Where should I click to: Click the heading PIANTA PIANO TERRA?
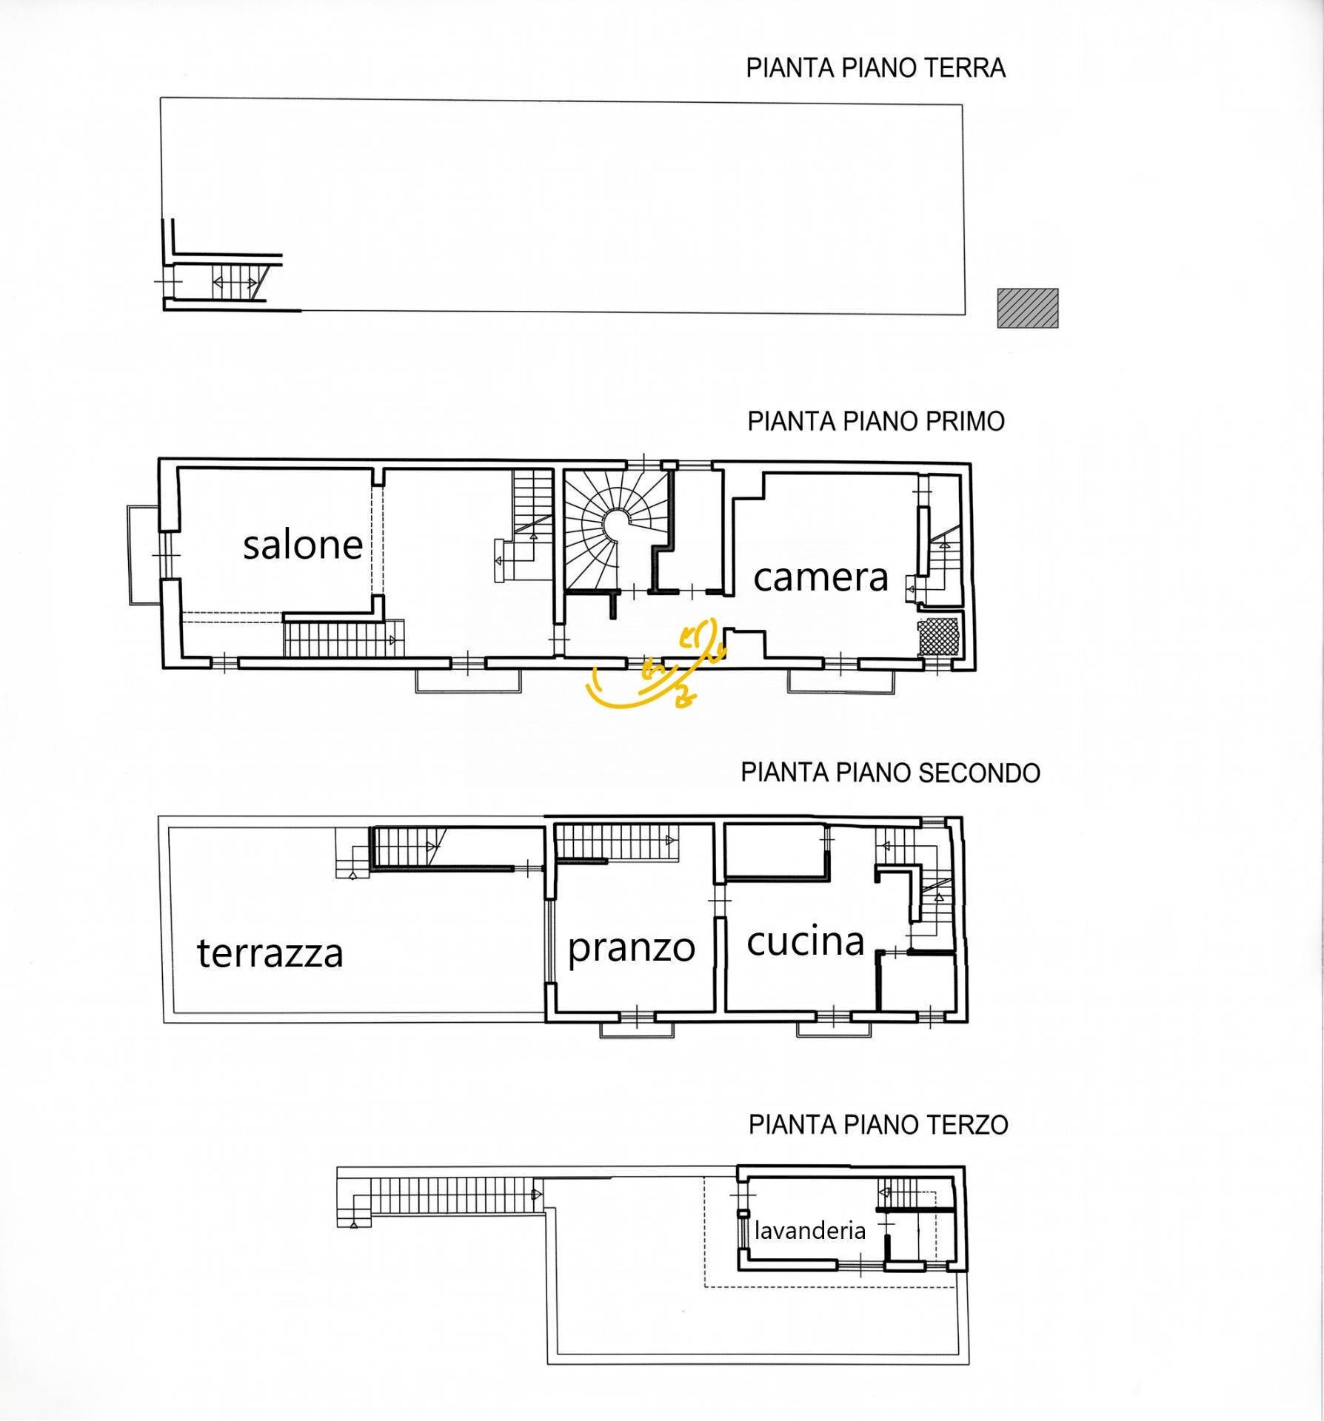tap(875, 68)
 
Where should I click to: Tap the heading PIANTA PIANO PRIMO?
tap(876, 421)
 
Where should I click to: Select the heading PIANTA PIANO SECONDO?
tap(890, 773)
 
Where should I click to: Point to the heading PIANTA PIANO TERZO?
tap(878, 1124)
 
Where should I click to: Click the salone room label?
tap(303, 545)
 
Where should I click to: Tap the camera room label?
tap(820, 577)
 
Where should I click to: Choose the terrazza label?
tap(270, 953)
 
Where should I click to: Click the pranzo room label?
tap(632, 949)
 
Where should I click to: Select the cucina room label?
tap(806, 941)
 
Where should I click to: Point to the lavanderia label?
tap(810, 1230)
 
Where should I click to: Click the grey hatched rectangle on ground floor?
tap(1028, 308)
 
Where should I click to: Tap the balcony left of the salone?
tap(141, 554)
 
